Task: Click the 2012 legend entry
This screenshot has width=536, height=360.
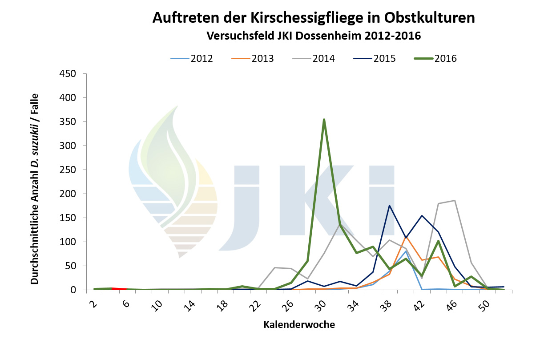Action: coord(192,58)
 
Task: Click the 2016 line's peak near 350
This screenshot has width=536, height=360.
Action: coord(324,119)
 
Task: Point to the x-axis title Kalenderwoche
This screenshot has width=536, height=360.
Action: coord(299,325)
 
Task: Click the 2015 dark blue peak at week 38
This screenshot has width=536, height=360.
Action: coord(389,205)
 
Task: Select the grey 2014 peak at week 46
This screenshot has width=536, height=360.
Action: coord(455,200)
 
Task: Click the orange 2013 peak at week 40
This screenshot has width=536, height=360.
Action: coord(406,237)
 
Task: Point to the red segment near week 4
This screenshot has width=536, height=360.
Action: coord(120,288)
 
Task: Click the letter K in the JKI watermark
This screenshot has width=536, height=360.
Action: coord(314,200)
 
